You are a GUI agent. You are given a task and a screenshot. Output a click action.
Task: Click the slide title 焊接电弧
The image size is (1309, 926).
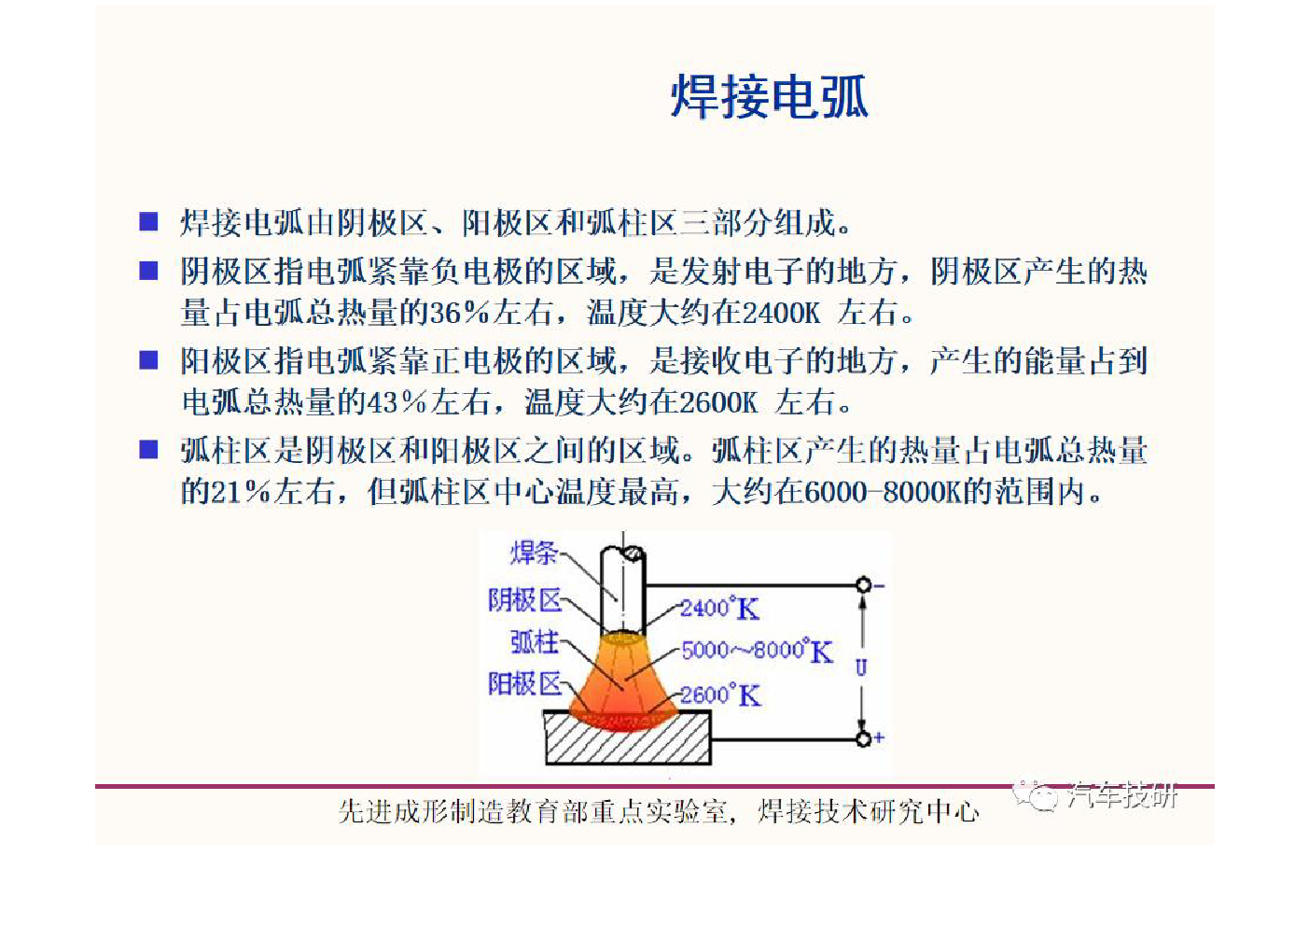tap(770, 96)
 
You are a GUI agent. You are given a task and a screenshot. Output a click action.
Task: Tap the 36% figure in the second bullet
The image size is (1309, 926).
tap(459, 313)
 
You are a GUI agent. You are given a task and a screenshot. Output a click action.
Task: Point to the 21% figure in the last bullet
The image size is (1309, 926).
tap(242, 492)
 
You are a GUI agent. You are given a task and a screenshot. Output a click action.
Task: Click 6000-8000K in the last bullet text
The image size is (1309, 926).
tap(884, 492)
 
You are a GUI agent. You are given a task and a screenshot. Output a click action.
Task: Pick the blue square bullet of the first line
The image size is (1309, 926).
tap(148, 222)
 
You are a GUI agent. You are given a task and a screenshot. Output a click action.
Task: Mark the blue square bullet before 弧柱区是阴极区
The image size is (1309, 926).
tap(148, 450)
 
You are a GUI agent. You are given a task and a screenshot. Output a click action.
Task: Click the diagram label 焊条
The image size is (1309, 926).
tap(534, 553)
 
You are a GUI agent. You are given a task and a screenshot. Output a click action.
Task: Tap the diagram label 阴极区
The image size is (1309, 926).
tap(524, 600)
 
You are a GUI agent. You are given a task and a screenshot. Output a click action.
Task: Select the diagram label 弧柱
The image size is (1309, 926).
tap(535, 642)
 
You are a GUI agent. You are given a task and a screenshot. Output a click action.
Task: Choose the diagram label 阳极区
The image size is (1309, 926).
tap(524, 683)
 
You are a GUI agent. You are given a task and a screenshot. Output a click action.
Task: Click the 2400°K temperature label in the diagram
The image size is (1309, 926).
tap(720, 609)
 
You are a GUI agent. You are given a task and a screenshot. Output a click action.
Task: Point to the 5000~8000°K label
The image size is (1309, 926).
tap(758, 651)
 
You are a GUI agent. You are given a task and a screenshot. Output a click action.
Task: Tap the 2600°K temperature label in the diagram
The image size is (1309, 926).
tap(720, 695)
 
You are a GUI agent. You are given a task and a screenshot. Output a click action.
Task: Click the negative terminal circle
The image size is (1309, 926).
tap(863, 584)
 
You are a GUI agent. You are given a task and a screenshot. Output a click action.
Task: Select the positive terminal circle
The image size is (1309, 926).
tap(863, 738)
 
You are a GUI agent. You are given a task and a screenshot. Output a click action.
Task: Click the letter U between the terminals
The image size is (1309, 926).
tap(861, 667)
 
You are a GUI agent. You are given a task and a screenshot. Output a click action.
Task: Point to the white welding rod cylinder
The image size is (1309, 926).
tap(623, 591)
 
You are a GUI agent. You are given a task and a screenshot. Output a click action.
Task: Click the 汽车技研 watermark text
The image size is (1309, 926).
tap(1122, 796)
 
